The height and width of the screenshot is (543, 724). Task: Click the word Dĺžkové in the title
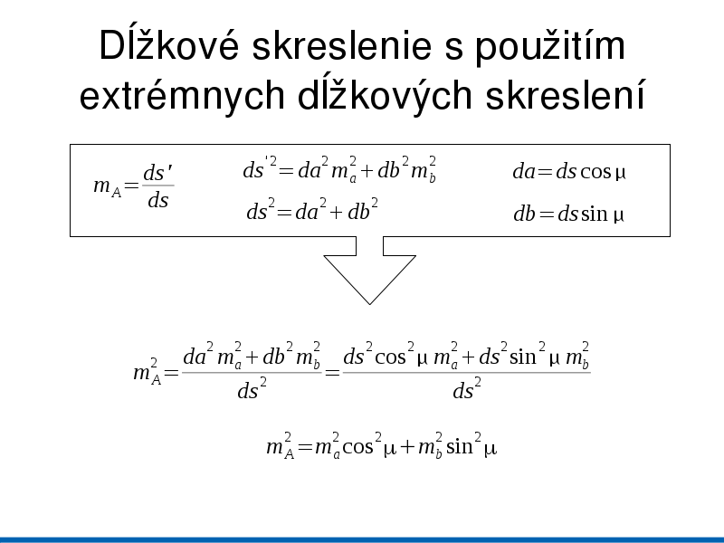[169, 44]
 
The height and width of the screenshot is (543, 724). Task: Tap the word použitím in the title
[550, 46]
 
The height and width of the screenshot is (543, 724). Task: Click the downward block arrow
[370, 270]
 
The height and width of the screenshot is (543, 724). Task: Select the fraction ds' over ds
[157, 186]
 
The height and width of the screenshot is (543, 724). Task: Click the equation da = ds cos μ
[569, 172]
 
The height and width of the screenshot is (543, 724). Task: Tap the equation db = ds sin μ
[569, 214]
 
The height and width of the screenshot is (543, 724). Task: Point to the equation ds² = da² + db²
[312, 210]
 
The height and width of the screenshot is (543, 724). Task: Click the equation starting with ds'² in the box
[339, 169]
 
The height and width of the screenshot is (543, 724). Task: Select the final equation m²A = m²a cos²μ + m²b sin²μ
[381, 446]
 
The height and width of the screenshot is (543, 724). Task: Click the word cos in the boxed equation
[595, 172]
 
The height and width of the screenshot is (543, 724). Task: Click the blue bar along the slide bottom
[362, 539]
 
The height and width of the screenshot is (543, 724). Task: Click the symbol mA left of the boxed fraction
[107, 187]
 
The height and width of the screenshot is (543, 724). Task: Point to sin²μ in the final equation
[472, 445]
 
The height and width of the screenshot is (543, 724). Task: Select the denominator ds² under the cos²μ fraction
[467, 389]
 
